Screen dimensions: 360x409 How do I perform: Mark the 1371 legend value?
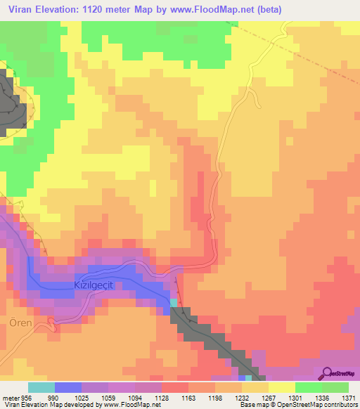[x=349, y=398]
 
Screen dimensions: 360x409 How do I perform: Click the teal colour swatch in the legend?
[x=41, y=387]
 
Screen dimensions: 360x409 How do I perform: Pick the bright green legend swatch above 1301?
[x=308, y=387]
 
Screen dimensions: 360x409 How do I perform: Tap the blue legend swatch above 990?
[x=67, y=387]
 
